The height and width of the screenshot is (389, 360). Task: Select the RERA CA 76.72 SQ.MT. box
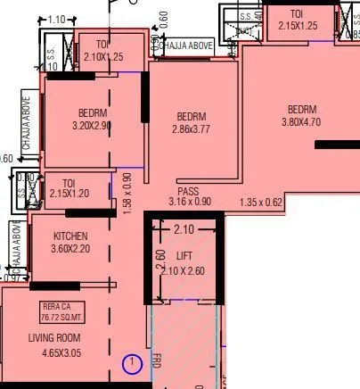coord(65,312)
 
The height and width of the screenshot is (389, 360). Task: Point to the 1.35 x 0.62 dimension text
coord(261,203)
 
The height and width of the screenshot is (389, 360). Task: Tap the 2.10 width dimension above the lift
coord(183,230)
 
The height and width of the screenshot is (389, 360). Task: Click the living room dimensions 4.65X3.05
coord(65,354)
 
